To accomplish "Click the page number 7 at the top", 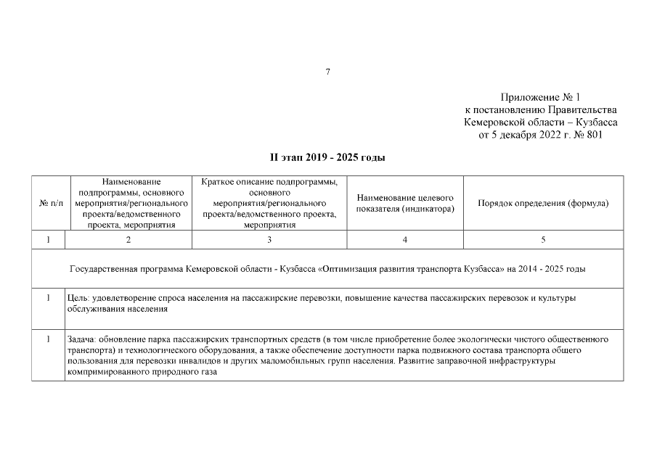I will pyautogui.click(x=328, y=71).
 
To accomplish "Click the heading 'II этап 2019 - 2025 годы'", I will pyautogui.click(x=327, y=157).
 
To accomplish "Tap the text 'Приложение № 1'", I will pyautogui.click(x=540, y=97).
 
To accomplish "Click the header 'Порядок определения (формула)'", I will pyautogui.click(x=542, y=204).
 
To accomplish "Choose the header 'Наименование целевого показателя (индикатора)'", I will pyautogui.click(x=404, y=204).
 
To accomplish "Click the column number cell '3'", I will pyautogui.click(x=269, y=239).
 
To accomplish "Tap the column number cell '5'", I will pyautogui.click(x=542, y=239).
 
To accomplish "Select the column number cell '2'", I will pyautogui.click(x=128, y=239).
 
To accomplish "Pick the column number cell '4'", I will pyautogui.click(x=404, y=239).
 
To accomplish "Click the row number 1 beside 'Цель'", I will pyautogui.click(x=48, y=298).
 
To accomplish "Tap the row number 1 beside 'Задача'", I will pyautogui.click(x=48, y=339).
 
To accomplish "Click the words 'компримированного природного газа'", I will pyautogui.click(x=142, y=371).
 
